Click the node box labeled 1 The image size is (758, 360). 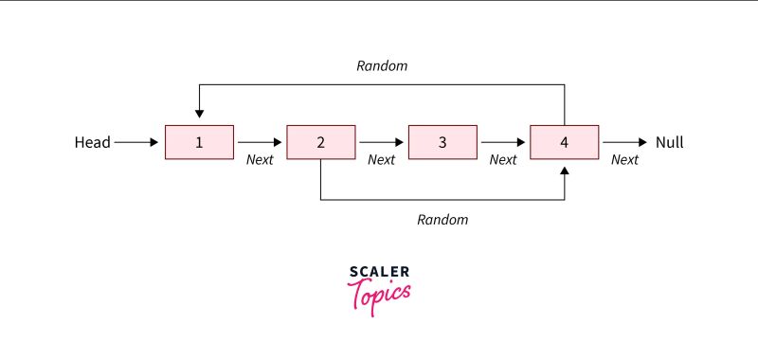[199, 142]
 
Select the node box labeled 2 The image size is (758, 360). [321, 142]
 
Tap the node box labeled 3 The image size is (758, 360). [442, 142]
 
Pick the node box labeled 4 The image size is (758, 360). [565, 142]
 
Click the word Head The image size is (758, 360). [92, 143]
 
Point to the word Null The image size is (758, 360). [669, 143]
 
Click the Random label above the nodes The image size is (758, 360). [382, 66]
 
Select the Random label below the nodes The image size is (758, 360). [442, 219]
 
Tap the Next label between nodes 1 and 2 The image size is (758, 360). [260, 160]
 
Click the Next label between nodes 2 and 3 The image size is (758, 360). [381, 160]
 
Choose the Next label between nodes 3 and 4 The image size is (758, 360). [503, 160]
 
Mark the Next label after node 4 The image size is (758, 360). [624, 160]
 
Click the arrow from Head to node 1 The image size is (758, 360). [137, 142]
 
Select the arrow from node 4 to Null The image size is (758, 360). [624, 142]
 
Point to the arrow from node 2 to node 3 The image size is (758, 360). [381, 142]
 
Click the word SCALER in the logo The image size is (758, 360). [380, 272]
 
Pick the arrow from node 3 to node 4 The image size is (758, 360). [503, 142]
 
